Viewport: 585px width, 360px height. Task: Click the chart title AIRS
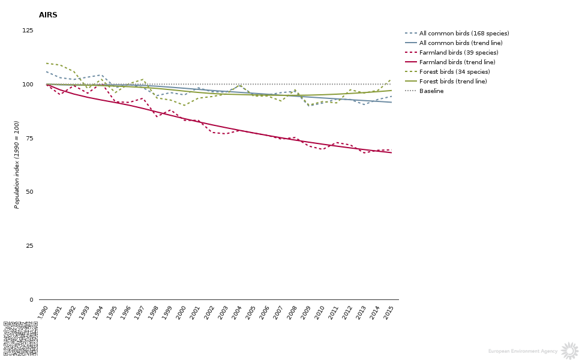tap(48, 15)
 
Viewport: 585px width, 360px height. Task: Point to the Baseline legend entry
tap(431, 91)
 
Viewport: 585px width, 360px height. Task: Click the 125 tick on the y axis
tap(28, 31)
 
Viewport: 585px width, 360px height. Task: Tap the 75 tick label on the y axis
tap(29, 139)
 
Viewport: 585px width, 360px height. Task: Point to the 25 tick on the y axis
tap(29, 246)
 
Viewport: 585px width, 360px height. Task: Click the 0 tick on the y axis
tap(31, 300)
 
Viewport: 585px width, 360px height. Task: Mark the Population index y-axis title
tap(17, 164)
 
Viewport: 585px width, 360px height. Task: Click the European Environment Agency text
tap(523, 352)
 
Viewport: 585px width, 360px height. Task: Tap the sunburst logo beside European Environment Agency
tap(569, 351)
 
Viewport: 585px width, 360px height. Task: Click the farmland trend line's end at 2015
tap(391, 152)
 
